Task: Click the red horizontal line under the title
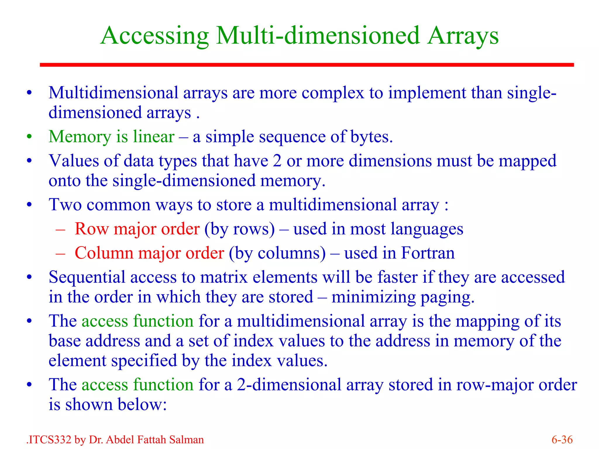coord(307,65)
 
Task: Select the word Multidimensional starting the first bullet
coord(113,93)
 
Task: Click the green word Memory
coord(80,137)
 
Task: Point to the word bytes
coord(371,137)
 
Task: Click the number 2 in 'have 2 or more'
coord(277,161)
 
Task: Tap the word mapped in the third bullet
coord(527,161)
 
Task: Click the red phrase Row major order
coord(137,229)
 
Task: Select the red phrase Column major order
coord(149,253)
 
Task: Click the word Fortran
coord(428,253)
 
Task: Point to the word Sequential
coord(87,277)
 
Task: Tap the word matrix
coord(224,277)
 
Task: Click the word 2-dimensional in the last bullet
coord(289,384)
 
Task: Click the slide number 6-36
coord(562,440)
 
